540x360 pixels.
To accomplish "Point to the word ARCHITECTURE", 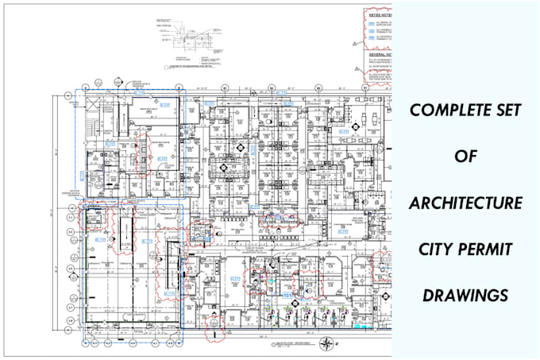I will pos(465,203).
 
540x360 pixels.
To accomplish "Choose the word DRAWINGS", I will pos(465,294).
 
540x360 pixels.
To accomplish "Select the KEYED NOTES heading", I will pos(379,14).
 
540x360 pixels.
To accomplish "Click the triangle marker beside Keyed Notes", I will pos(367,15).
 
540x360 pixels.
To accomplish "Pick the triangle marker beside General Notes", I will pos(366,49).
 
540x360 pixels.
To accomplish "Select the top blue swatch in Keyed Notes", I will pos(371,23).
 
